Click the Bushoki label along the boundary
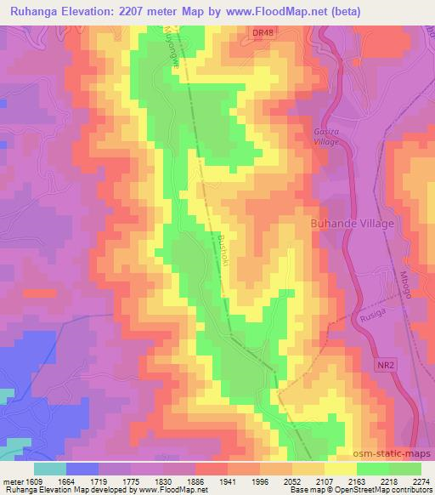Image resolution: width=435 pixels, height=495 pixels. coord(225,250)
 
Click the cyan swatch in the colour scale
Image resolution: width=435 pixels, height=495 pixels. coord(49,468)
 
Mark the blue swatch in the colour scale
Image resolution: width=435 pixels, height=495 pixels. coord(82,468)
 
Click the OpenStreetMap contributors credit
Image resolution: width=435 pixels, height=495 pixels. coord(387,490)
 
